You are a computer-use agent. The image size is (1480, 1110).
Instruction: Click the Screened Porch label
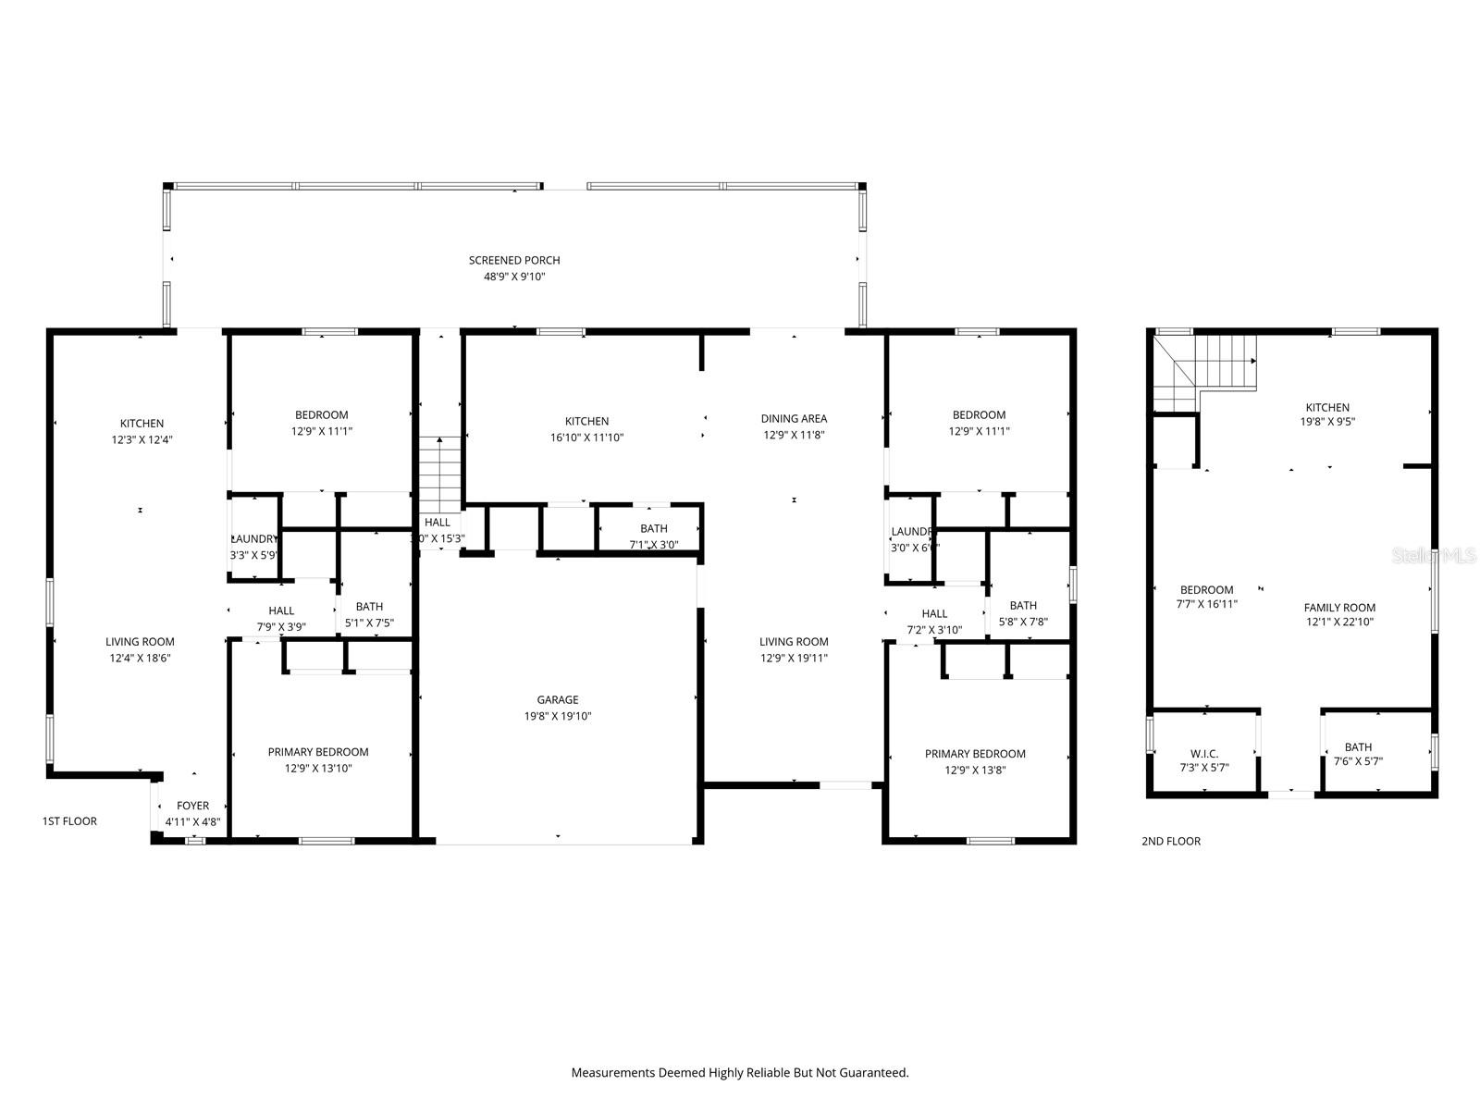tap(514, 260)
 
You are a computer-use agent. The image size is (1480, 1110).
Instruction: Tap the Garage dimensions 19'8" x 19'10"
tap(558, 716)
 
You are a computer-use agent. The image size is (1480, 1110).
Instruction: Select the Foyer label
tap(192, 806)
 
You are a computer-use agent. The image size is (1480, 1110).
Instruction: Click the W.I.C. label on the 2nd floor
tap(1203, 754)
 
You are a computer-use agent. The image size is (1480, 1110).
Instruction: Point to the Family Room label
tap(1339, 608)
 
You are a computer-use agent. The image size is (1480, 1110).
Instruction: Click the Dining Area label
tap(794, 418)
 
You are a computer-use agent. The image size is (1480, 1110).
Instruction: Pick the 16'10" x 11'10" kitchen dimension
tap(586, 438)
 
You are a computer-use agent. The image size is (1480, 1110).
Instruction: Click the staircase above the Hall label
tap(439, 472)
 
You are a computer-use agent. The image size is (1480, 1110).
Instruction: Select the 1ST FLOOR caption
tap(69, 820)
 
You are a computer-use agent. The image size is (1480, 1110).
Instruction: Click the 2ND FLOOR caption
tap(1170, 841)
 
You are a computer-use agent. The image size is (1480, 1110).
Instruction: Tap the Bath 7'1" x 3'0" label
tap(653, 536)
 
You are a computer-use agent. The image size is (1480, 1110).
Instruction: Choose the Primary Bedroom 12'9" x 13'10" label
tap(318, 759)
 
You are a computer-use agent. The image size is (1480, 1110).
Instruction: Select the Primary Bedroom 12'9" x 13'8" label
tap(975, 761)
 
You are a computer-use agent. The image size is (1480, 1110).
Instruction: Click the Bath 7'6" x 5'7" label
tap(1358, 754)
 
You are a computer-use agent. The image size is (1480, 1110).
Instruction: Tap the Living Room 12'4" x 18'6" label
tap(140, 649)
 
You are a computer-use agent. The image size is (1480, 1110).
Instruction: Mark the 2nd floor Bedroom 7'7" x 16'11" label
tap(1206, 597)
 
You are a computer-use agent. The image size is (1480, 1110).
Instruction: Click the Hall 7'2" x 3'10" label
tap(934, 622)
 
